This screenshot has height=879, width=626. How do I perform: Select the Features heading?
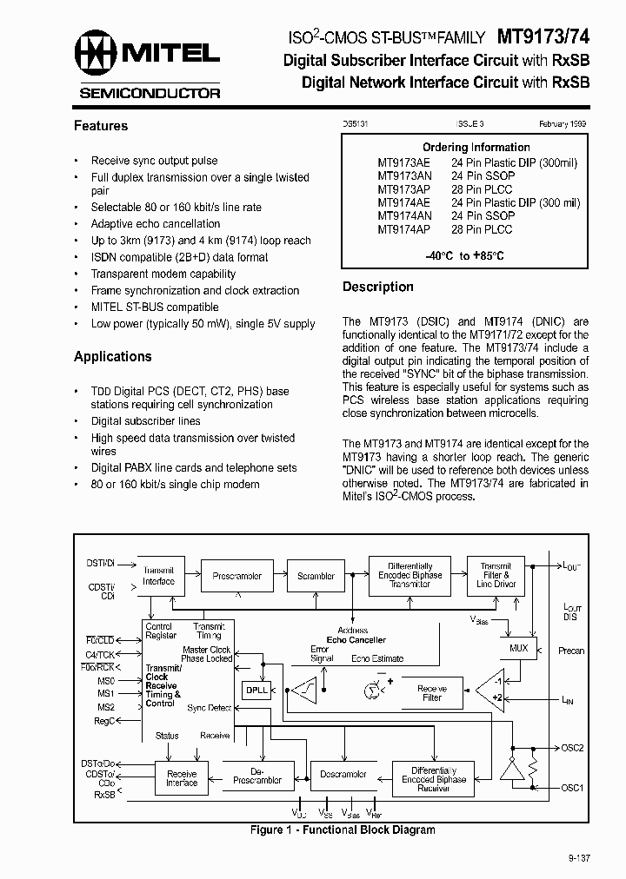click(101, 126)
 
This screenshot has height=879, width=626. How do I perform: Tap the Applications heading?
click(113, 356)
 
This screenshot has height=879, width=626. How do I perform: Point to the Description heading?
click(378, 287)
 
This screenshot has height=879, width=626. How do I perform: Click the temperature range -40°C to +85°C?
click(464, 256)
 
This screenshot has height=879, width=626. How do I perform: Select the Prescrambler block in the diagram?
click(236, 576)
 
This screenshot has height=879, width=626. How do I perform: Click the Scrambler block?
click(316, 576)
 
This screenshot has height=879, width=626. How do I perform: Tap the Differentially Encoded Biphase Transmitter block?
click(410, 575)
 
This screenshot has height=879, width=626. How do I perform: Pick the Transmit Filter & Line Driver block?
click(496, 575)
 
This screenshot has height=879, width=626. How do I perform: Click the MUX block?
click(517, 648)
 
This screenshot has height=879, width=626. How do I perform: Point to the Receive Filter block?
click(432, 692)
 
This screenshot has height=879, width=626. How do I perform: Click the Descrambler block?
click(343, 774)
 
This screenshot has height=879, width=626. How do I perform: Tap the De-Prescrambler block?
click(257, 775)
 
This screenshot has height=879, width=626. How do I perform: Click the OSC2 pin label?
click(571, 747)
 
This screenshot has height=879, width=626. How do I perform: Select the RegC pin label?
click(104, 720)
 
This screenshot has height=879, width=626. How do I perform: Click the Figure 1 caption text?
click(343, 829)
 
